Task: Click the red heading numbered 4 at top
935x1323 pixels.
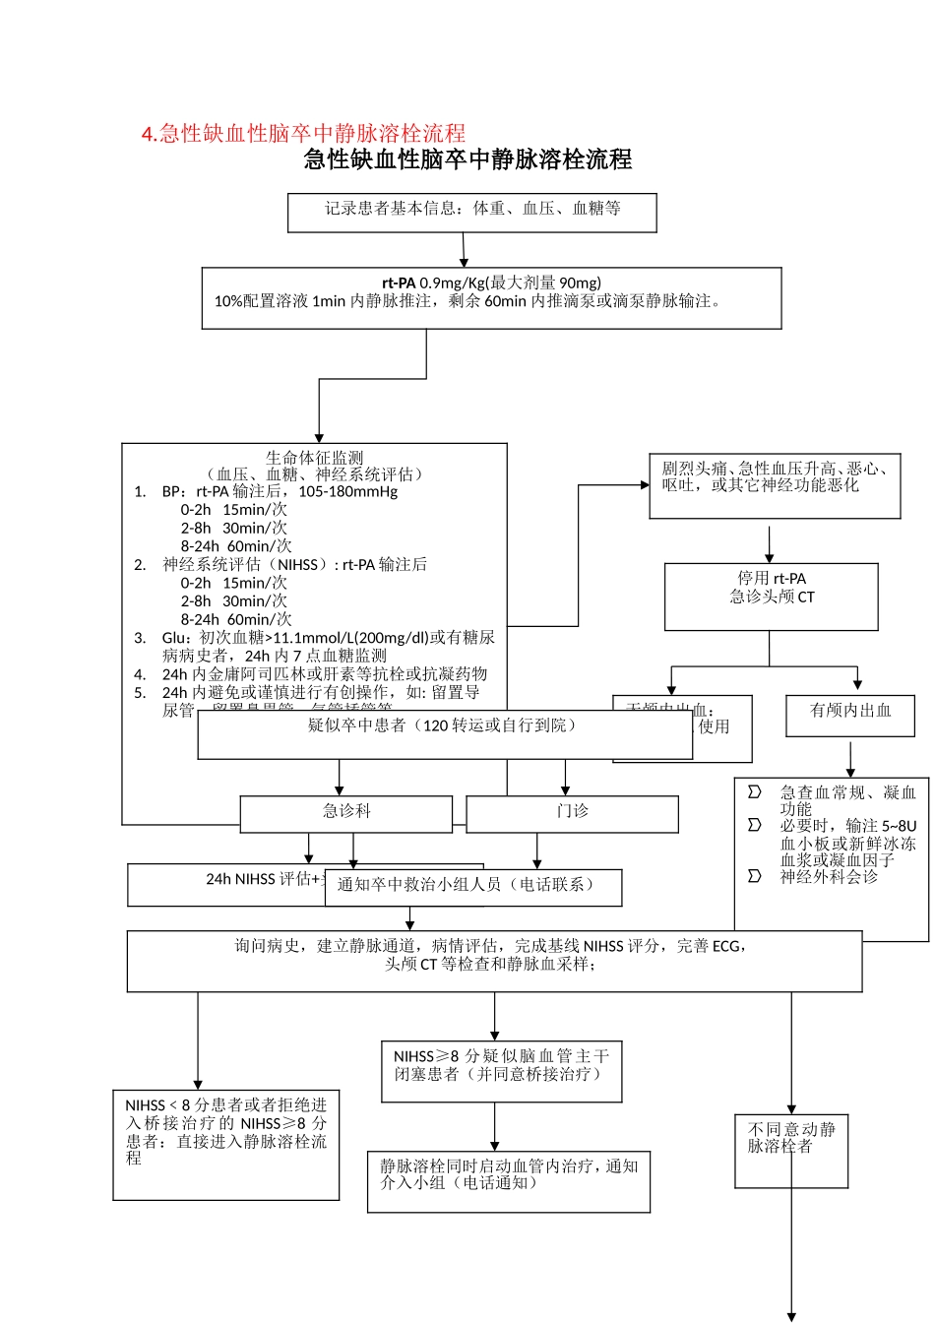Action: point(303,134)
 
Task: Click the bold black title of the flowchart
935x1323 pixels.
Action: point(467,159)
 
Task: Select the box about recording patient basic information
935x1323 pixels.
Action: point(472,212)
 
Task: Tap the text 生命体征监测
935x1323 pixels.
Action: point(314,458)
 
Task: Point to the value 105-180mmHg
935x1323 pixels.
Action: point(348,491)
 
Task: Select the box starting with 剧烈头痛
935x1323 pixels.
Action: point(775,485)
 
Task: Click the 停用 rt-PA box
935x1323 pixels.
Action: point(772,596)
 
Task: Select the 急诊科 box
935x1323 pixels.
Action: point(346,813)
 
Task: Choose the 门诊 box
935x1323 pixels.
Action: point(572,813)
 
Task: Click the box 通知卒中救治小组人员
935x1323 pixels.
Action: point(473,886)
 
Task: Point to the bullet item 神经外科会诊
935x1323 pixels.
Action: point(829,877)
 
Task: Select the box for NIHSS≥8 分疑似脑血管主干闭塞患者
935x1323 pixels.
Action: point(501,1071)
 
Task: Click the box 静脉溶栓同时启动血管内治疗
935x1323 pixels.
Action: point(509,1180)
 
